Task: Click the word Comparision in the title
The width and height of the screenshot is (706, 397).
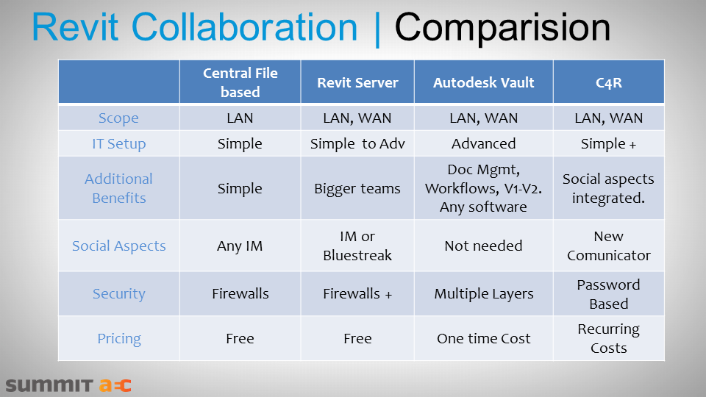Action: click(x=502, y=28)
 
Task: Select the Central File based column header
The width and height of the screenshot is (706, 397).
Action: click(x=240, y=82)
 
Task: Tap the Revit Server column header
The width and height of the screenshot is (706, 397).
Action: click(x=357, y=82)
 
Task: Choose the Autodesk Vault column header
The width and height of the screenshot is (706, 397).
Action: click(x=483, y=82)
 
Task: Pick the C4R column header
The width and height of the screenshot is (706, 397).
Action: click(x=608, y=82)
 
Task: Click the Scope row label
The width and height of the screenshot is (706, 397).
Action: click(x=118, y=118)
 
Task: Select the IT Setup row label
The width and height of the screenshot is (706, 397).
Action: click(x=118, y=143)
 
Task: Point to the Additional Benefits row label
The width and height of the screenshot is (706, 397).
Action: click(x=118, y=188)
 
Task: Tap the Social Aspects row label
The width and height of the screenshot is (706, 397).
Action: click(x=118, y=246)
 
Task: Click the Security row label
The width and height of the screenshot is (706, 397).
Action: click(x=118, y=294)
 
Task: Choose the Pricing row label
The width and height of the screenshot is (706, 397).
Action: click(x=118, y=339)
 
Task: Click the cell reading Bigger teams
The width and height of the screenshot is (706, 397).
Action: click(x=357, y=188)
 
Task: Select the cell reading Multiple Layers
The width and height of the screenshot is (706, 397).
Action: click(x=483, y=294)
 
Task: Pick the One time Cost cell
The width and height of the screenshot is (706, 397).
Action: click(x=483, y=339)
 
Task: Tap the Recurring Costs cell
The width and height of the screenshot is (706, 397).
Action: click(x=608, y=338)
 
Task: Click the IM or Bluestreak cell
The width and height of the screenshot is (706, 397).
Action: click(x=357, y=246)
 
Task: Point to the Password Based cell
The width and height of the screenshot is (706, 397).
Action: click(x=608, y=294)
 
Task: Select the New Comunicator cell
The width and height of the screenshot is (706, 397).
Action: click(x=608, y=246)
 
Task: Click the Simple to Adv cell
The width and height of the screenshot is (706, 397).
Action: click(x=357, y=143)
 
